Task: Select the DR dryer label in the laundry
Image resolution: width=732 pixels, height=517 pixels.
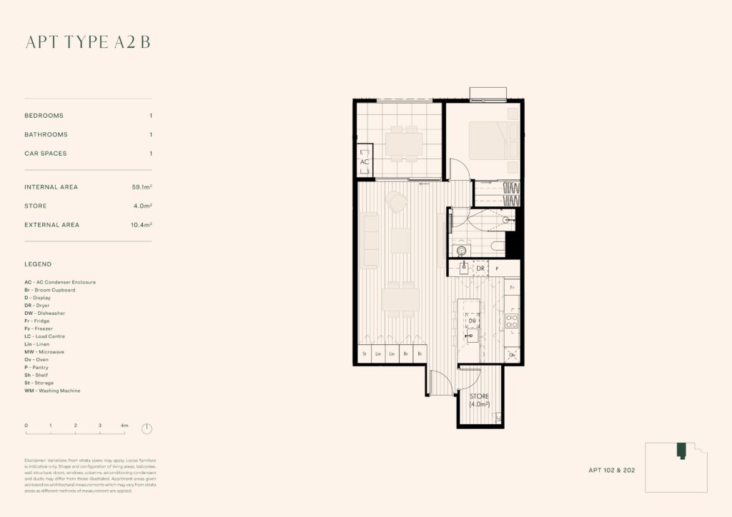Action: coord(480,268)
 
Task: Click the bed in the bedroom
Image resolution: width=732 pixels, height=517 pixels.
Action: coord(493,139)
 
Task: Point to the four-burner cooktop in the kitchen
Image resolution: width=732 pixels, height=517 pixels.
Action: coord(512,321)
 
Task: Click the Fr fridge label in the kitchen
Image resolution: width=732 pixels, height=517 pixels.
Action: coord(512,287)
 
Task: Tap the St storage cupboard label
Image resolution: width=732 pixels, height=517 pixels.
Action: coord(364,354)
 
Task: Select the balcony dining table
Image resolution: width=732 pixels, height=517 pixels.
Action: coord(404,144)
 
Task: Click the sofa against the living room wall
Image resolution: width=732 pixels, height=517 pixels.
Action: coord(370,241)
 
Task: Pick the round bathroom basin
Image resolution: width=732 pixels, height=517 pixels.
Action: coord(462,250)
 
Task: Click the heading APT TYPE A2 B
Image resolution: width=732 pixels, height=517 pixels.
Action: coord(88,42)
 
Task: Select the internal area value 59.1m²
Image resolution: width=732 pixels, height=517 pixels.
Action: coord(140,187)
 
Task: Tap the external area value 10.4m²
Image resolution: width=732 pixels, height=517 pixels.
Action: coord(140,225)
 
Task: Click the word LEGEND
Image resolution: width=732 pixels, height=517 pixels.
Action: coord(38,264)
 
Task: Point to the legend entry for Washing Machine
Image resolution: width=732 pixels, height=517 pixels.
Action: coord(52,391)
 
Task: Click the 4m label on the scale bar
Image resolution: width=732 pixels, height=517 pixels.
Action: coord(124,425)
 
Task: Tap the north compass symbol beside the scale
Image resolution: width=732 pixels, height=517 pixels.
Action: coord(147,429)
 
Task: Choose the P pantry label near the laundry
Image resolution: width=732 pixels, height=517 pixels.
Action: coord(497,268)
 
